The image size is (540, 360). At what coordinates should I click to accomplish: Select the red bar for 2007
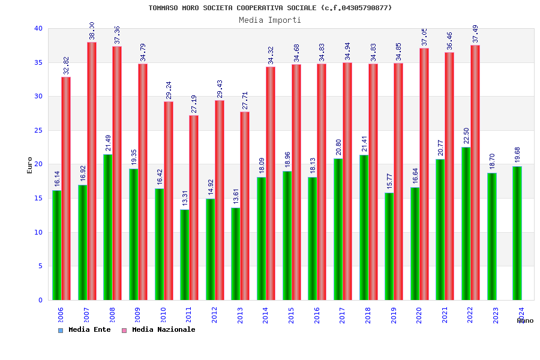point(92,171)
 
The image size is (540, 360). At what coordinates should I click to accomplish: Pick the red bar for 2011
point(194,208)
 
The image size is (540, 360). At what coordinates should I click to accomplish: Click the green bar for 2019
point(389,246)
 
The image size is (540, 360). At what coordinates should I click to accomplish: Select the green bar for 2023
point(492,236)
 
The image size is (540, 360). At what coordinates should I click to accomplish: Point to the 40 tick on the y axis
point(38,28)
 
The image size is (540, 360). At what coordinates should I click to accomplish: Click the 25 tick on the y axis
point(38,130)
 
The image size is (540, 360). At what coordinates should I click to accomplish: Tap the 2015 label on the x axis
point(292,315)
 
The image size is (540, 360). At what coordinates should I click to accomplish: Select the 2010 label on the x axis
point(163,315)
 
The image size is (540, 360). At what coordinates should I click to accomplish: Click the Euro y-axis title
point(29,165)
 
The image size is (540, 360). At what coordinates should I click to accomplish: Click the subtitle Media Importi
point(270,20)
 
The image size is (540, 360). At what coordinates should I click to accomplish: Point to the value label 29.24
point(169,90)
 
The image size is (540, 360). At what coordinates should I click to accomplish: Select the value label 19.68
point(518,154)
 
